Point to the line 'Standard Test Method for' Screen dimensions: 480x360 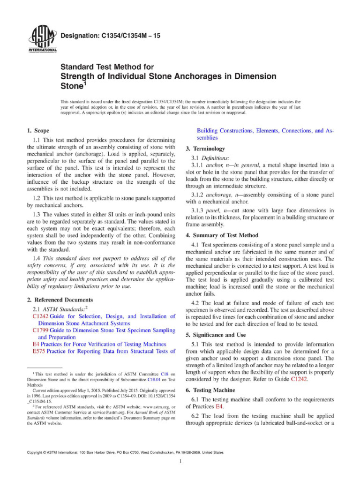click(x=97, y=67)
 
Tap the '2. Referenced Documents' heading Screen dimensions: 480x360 click(x=60, y=300)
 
